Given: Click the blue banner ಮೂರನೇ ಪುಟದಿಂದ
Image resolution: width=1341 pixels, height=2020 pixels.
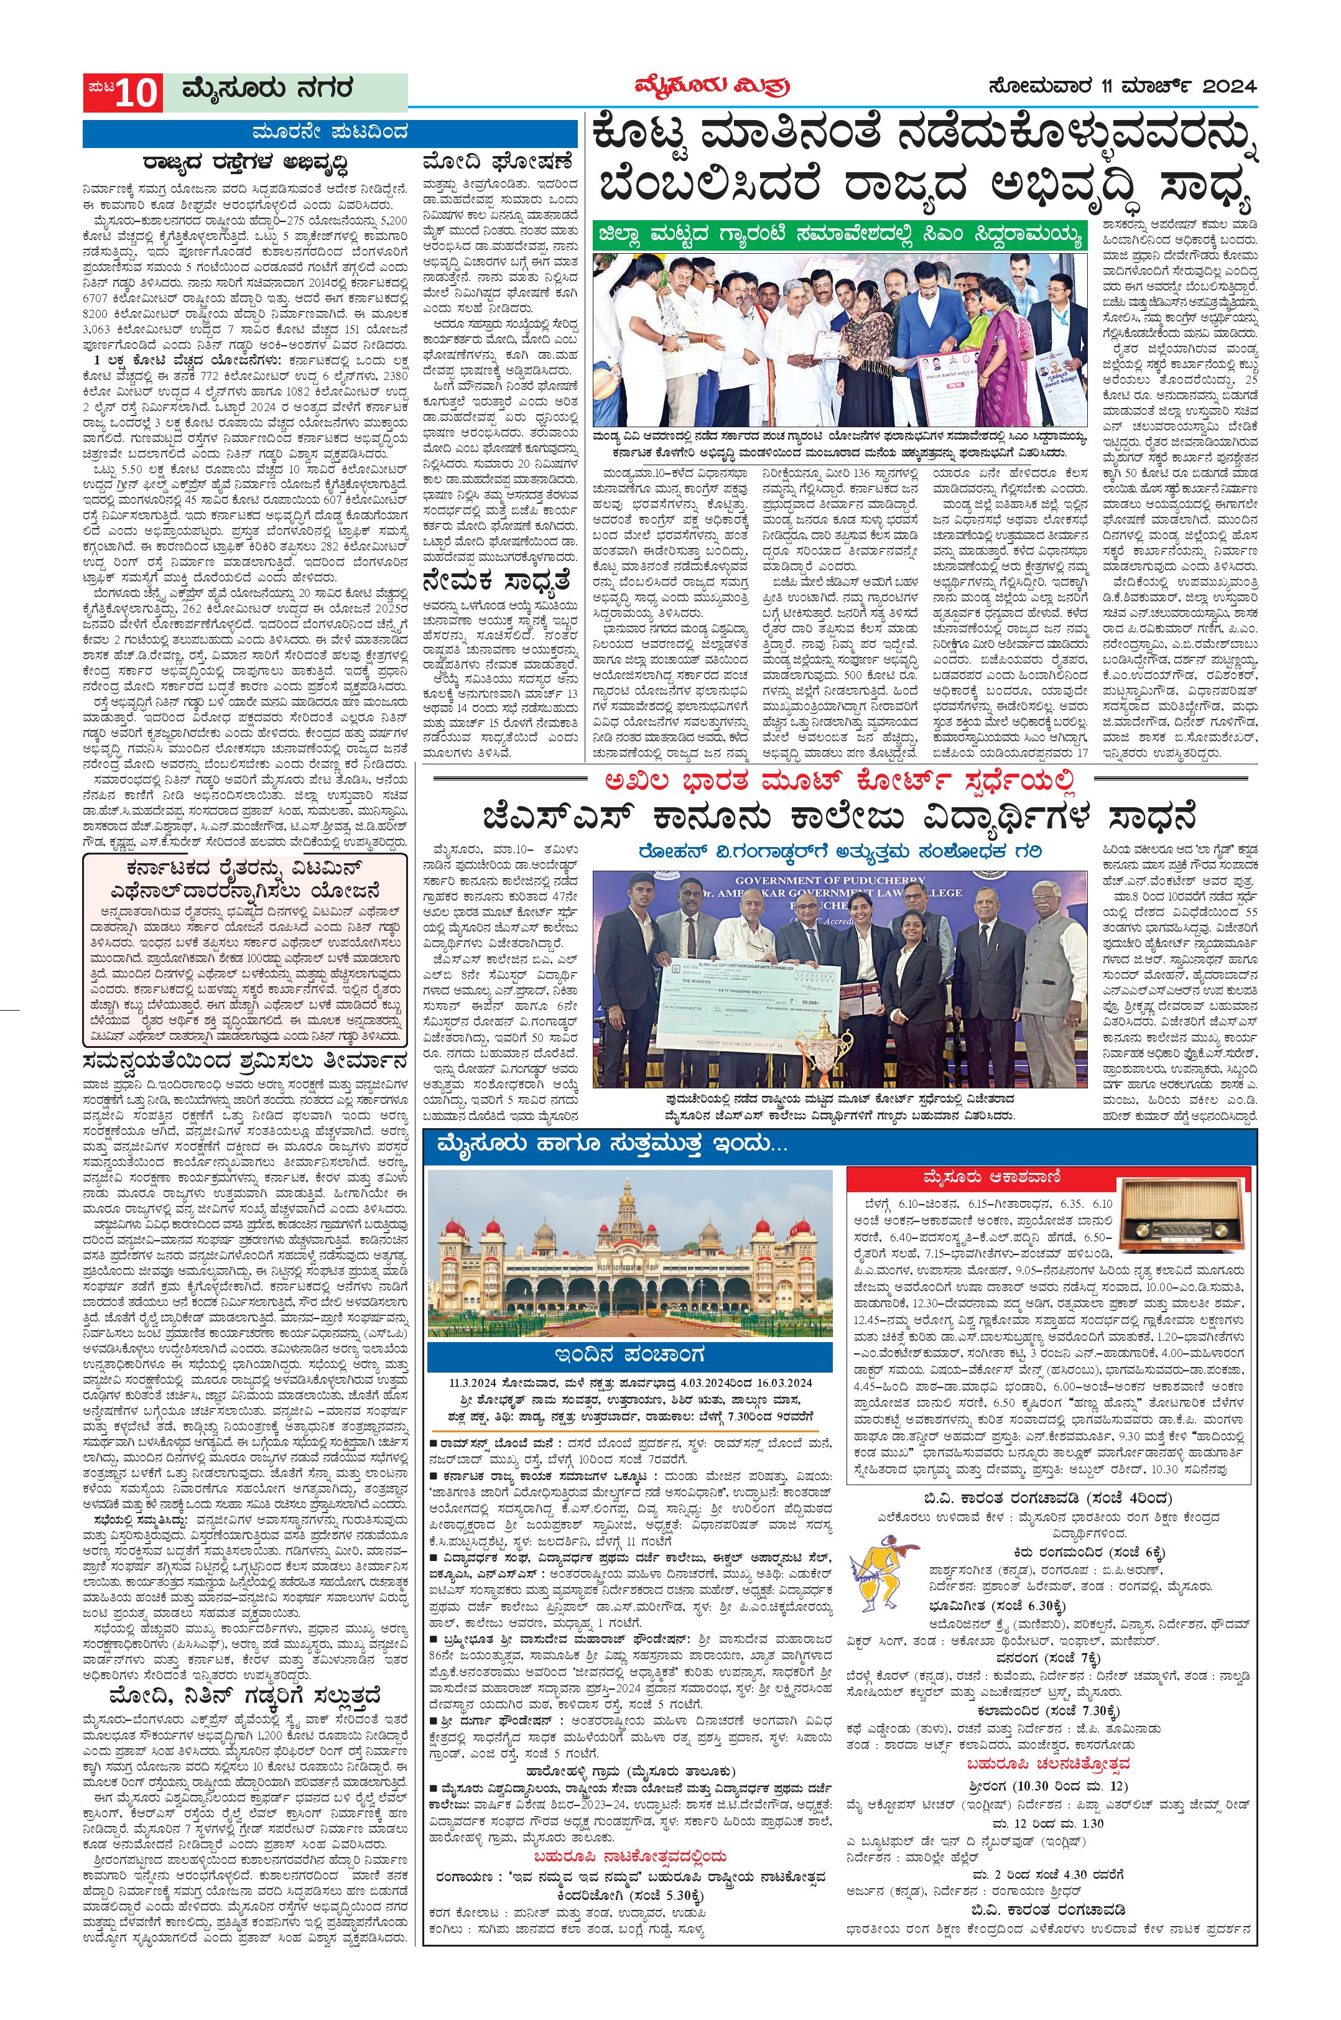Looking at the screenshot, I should [x=333, y=134].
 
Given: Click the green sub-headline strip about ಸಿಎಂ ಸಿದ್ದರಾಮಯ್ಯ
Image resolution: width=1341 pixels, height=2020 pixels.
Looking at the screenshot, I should [x=842, y=233].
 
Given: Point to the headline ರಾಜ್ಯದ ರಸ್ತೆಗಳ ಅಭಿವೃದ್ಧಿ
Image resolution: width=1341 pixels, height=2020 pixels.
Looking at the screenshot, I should [x=246, y=162].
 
